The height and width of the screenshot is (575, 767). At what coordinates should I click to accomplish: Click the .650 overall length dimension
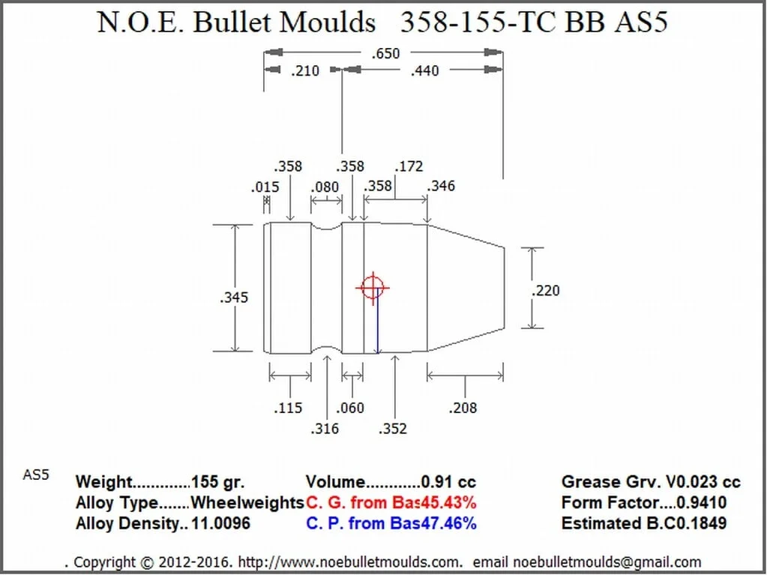point(385,53)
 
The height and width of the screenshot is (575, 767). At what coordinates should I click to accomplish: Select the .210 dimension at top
point(304,71)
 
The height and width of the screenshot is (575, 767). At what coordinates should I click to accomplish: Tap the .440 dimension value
point(424,71)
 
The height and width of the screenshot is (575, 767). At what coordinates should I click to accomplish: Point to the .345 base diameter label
point(234,298)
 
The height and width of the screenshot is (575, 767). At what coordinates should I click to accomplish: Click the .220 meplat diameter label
point(545,290)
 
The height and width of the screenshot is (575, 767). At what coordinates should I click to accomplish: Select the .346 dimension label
point(440,185)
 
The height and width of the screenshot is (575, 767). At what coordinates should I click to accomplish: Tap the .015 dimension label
point(265,187)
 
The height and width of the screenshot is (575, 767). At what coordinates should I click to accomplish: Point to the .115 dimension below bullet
point(289,408)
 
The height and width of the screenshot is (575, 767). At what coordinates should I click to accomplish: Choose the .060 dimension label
point(349,408)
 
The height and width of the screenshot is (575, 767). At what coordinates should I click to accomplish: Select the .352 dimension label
point(393,428)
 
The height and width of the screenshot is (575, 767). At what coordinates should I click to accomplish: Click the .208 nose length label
point(463,408)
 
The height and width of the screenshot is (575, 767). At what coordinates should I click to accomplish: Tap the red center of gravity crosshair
point(373,287)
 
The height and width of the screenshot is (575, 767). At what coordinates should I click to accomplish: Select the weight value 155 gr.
point(217,482)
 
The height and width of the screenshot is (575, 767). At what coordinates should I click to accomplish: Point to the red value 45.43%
point(447,502)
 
